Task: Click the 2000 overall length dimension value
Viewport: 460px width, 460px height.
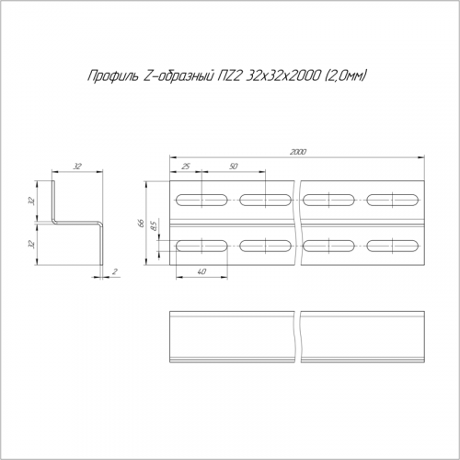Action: click(x=298, y=152)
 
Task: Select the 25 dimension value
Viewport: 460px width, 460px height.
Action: click(x=186, y=167)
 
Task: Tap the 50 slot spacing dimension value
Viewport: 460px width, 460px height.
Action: click(x=234, y=167)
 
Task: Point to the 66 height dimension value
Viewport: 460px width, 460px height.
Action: click(x=141, y=223)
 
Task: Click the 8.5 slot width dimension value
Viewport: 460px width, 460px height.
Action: click(x=154, y=226)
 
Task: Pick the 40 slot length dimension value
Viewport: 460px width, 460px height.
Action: click(x=201, y=271)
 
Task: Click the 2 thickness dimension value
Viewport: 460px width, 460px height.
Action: click(x=115, y=271)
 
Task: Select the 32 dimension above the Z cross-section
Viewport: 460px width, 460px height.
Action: click(x=77, y=167)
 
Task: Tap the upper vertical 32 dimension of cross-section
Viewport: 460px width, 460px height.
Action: click(x=31, y=201)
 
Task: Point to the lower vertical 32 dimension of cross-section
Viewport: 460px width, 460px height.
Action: click(x=31, y=244)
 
